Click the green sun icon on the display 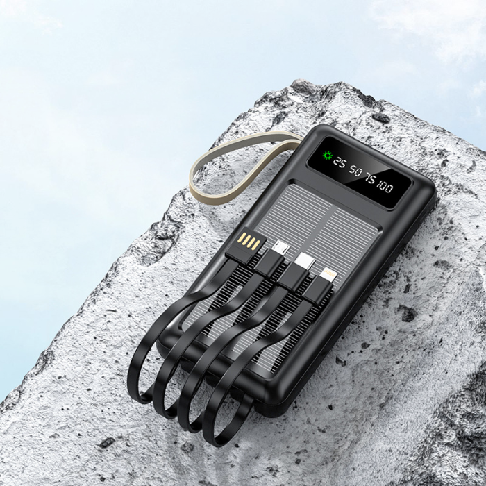point(327,156)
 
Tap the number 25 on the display point(339,162)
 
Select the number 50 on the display point(355,170)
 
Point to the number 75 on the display point(371,178)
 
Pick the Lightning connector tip point(328,275)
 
